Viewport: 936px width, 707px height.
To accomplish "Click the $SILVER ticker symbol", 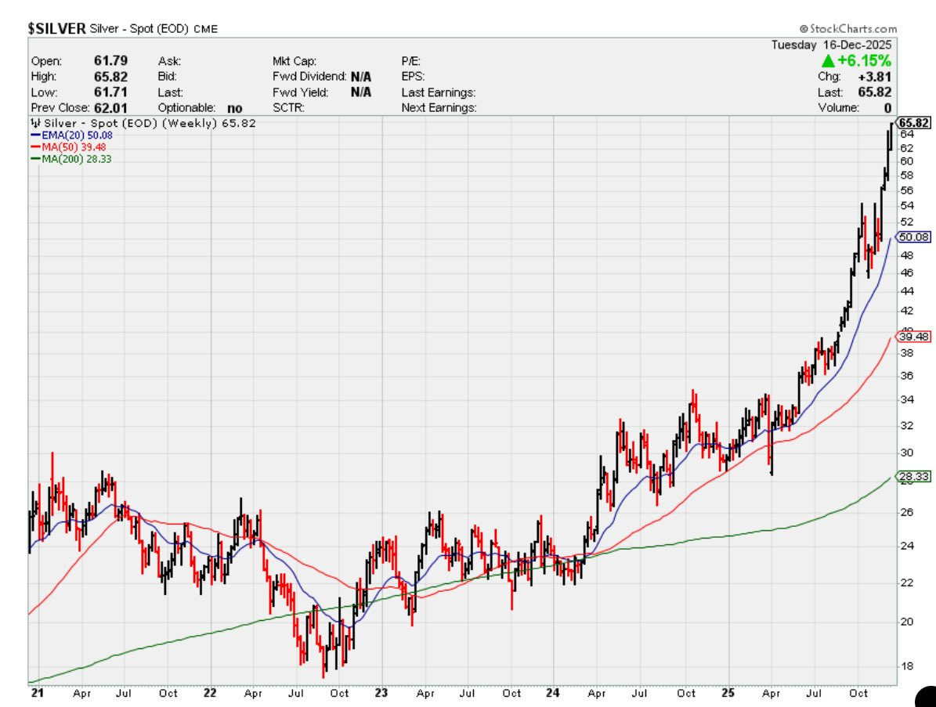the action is coord(56,28).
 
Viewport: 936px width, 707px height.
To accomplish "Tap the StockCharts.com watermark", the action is coord(848,29).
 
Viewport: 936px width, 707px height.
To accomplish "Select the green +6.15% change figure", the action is coord(856,60).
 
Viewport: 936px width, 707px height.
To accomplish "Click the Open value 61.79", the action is coord(110,61).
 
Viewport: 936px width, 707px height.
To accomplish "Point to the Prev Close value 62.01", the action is coord(110,108).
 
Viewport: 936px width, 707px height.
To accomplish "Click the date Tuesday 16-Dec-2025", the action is coord(831,45).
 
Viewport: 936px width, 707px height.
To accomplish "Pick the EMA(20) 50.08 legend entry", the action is coord(71,135).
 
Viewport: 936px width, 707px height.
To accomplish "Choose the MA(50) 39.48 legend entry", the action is coord(68,146).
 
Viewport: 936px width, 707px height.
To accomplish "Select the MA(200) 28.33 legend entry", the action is coord(71,159).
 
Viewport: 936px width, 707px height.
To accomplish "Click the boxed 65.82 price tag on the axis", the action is coord(914,123).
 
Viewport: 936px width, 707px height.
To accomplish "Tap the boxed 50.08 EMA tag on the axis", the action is coord(913,237).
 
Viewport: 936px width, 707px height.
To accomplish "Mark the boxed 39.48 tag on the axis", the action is coord(913,337).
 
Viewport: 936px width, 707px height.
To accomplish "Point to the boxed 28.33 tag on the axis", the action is coord(913,476).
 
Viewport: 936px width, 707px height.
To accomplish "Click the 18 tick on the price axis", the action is coord(906,666).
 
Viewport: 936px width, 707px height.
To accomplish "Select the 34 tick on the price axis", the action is coord(906,399).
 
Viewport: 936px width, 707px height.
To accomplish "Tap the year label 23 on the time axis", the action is coord(381,693).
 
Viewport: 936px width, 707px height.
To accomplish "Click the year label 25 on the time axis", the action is coord(728,693).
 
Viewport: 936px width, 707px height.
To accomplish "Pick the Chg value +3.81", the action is coord(875,77).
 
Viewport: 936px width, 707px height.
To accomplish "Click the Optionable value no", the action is coord(235,109).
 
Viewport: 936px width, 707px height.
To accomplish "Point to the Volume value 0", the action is coord(887,108).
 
